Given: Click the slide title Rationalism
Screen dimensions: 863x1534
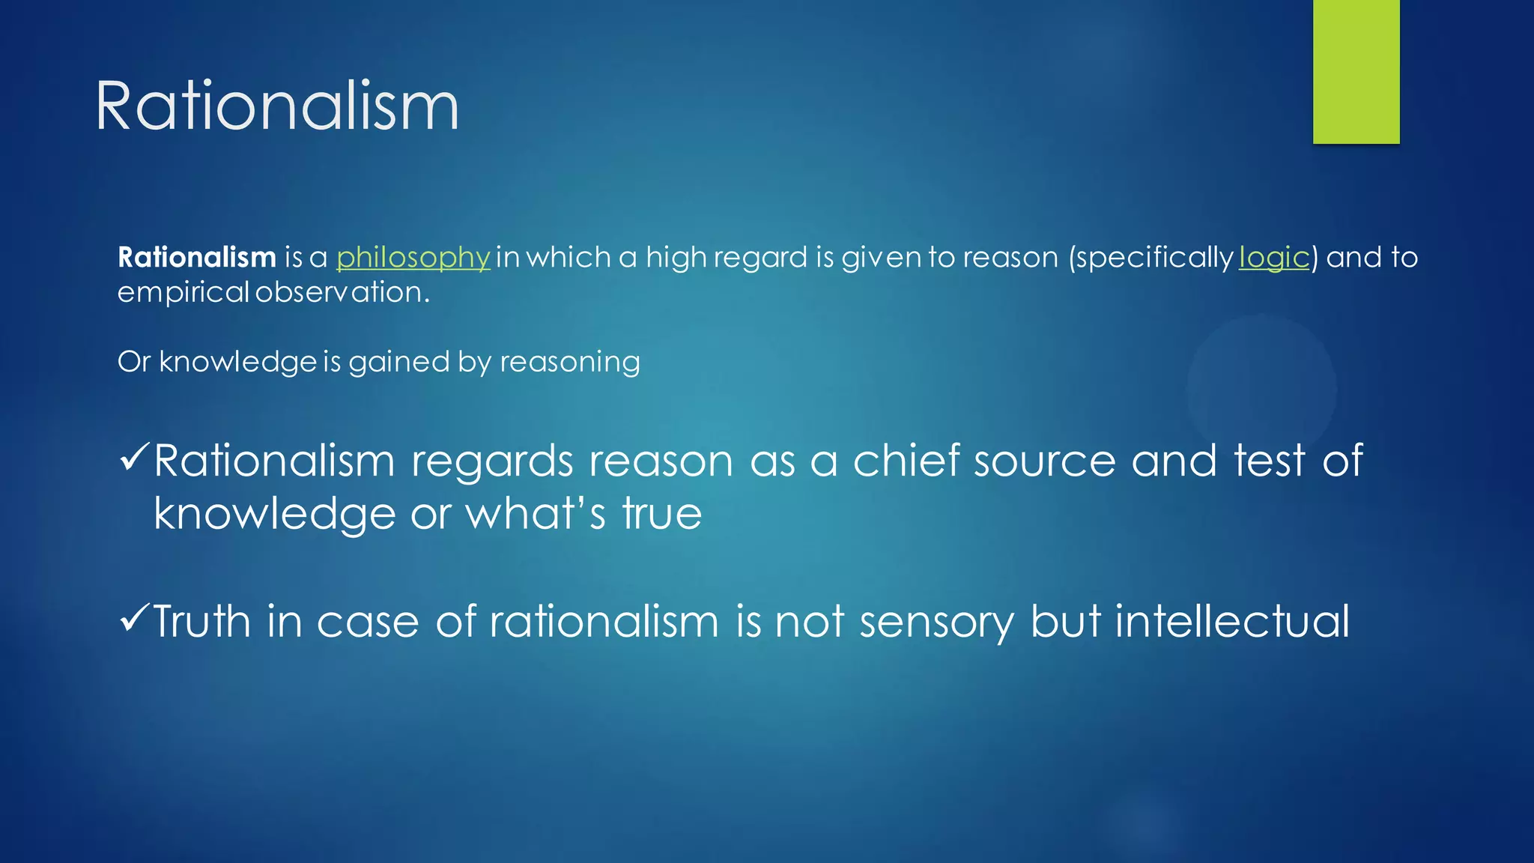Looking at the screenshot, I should coord(276,107).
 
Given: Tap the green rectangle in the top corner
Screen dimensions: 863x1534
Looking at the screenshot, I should coord(1356,72).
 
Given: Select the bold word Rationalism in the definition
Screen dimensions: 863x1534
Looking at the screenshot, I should coord(197,258).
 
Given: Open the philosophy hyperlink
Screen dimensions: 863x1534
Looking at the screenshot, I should coord(413,258).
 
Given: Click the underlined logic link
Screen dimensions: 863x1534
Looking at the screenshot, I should coord(1273,258).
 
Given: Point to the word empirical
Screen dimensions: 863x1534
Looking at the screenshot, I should coord(183,292).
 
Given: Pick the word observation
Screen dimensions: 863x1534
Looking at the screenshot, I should coord(342,292).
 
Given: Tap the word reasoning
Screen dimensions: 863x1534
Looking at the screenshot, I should coord(569,363).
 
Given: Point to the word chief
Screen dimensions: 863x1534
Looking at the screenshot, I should coord(906,460).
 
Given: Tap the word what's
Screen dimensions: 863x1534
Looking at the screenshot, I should coord(536,514).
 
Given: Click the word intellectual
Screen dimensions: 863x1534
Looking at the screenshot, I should coord(1232,622).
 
